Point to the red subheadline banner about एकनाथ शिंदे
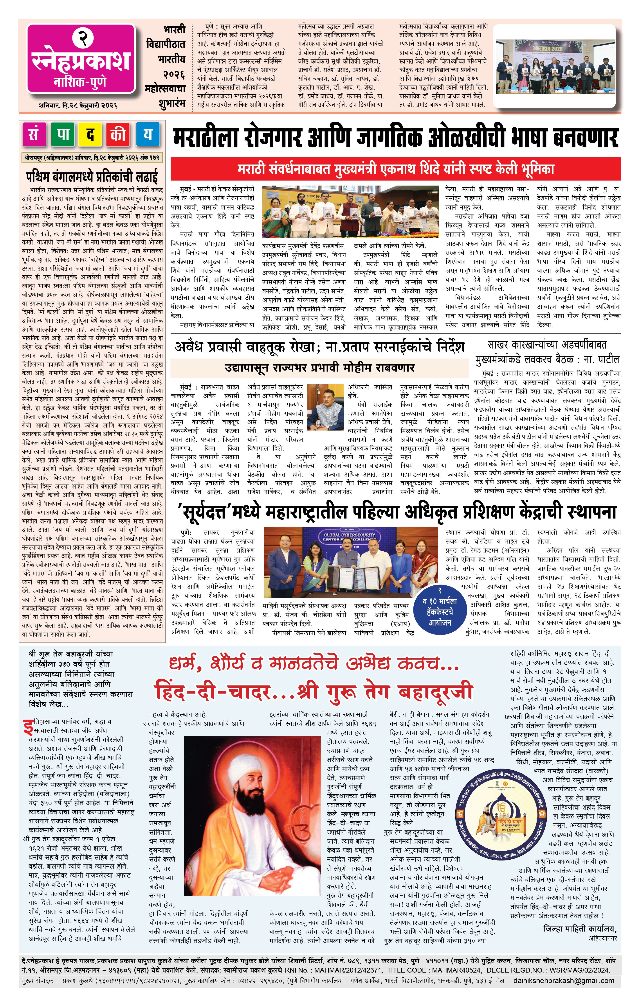coord(395,169)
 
